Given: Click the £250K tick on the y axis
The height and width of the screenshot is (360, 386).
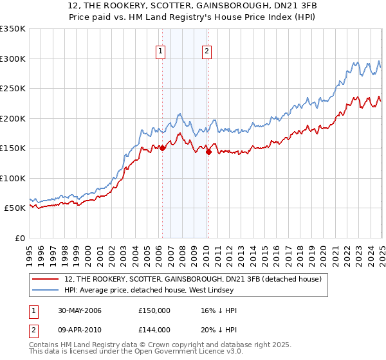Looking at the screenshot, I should point(12,89).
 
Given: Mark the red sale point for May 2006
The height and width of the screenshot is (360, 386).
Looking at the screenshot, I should point(163,148).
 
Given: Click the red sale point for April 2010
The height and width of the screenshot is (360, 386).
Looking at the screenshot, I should point(208,152).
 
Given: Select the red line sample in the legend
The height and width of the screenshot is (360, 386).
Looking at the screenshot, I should point(46,278).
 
